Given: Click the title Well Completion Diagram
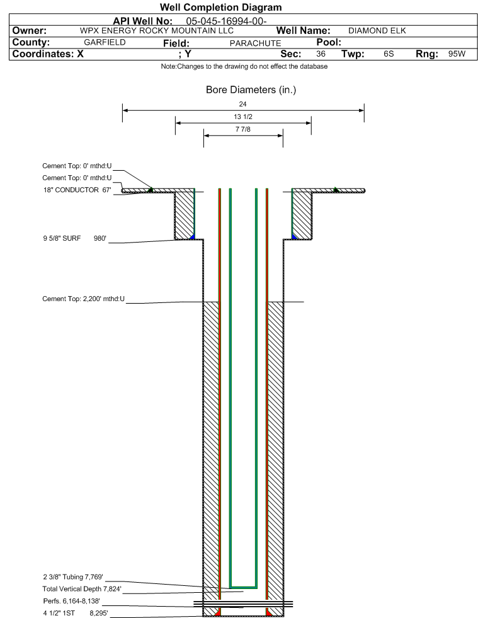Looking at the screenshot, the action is click(x=220, y=8).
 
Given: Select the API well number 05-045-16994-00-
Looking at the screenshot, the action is click(x=226, y=21).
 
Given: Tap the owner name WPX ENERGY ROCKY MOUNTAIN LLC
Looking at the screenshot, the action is click(x=156, y=31).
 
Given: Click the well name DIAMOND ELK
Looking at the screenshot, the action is click(x=377, y=31).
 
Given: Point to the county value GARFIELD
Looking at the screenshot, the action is click(x=105, y=42).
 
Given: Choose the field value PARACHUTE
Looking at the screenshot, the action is click(x=255, y=43).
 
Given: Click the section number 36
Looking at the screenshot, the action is click(x=321, y=54).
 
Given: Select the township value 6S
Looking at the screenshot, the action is click(x=389, y=54).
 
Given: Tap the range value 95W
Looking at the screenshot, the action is click(x=457, y=54).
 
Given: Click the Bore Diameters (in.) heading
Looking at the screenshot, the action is click(x=251, y=90).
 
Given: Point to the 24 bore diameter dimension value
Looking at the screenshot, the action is click(x=242, y=104).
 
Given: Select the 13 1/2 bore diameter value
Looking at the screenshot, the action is click(x=242, y=117).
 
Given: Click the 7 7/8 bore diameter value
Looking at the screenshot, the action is click(x=242, y=129).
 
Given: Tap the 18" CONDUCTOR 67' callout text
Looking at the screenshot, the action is click(x=77, y=190).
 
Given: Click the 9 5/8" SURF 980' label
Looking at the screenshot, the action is click(x=74, y=239).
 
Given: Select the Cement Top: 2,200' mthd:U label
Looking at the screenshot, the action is click(x=84, y=299).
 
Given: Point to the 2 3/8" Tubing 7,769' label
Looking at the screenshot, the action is click(x=73, y=577).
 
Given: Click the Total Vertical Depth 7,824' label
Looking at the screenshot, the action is click(x=82, y=589).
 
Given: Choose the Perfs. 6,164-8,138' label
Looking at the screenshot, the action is click(x=71, y=601).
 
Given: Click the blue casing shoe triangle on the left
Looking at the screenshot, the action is click(x=192, y=236).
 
